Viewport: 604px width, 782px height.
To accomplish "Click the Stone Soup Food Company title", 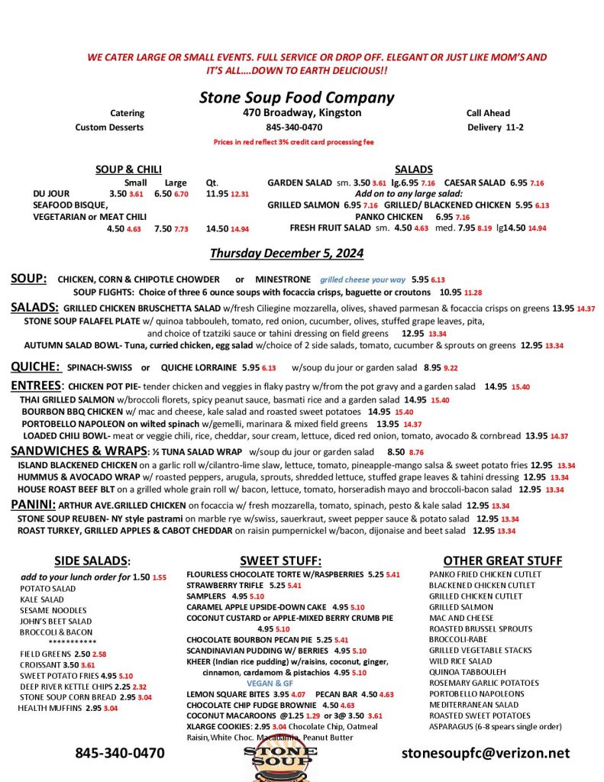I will (296, 98).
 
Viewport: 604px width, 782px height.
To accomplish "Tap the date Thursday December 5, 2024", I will (286, 253).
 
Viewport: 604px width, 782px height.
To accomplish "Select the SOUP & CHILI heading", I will (128, 170).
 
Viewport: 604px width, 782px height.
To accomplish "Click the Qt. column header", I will (212, 183).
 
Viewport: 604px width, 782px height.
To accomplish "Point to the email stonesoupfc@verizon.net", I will (486, 753).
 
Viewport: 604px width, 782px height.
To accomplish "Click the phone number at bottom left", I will (119, 753).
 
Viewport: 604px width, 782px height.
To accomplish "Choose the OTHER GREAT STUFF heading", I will (502, 561).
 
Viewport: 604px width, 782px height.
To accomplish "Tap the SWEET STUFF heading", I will (280, 561).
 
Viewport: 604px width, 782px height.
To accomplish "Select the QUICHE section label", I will (35, 367).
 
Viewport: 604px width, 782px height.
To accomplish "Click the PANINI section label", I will (33, 505).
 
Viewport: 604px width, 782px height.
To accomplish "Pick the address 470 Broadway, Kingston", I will (297, 113).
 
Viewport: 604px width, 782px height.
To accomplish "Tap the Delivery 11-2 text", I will (495, 128).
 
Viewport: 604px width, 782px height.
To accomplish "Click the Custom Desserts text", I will (109, 128).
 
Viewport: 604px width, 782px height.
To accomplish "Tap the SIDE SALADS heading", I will (92, 561).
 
